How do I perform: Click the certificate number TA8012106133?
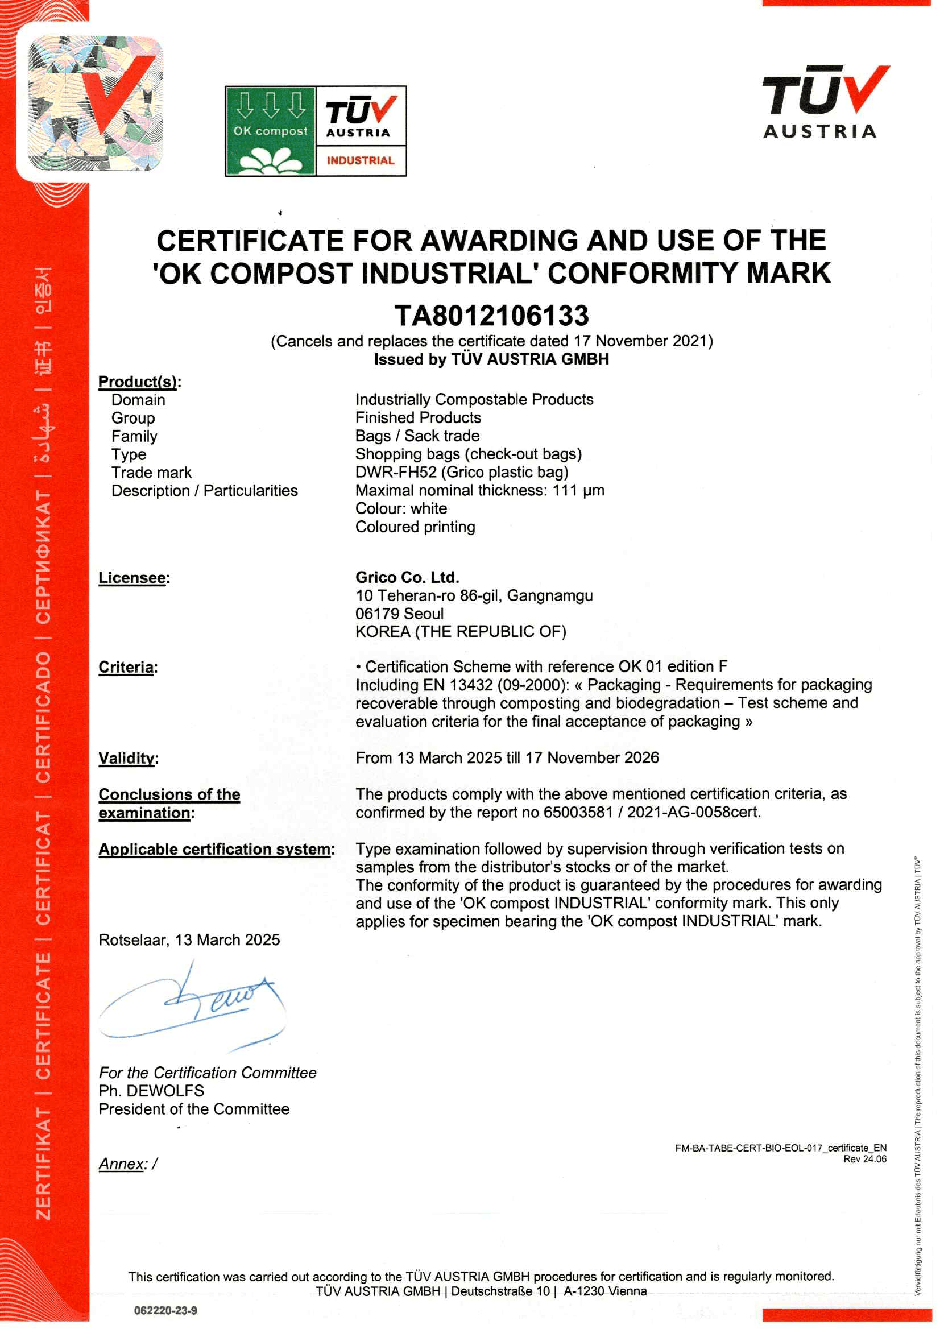tap(491, 316)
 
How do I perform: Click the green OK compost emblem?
tap(270, 131)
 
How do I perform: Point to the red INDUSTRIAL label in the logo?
tap(360, 160)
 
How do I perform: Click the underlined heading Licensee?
tap(132, 578)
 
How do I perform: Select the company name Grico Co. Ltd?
tap(407, 577)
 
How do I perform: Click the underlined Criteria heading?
tap(126, 667)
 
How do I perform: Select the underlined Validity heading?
tap(127, 757)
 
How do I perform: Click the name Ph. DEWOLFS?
tap(151, 1091)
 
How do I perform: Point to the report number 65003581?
tap(577, 812)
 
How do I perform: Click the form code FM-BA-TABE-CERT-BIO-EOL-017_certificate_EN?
tap(780, 1148)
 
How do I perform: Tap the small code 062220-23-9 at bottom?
tap(165, 1310)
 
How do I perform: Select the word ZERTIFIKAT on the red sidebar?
tap(44, 1164)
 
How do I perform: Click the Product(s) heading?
tap(139, 382)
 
